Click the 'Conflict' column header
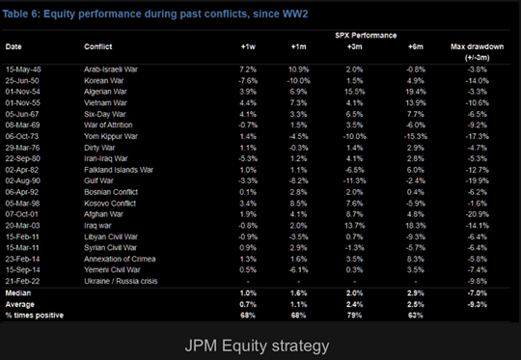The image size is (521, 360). point(98,45)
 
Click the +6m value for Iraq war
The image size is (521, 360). point(415,224)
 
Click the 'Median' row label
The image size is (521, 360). point(18,291)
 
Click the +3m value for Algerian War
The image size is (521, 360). point(356,91)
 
